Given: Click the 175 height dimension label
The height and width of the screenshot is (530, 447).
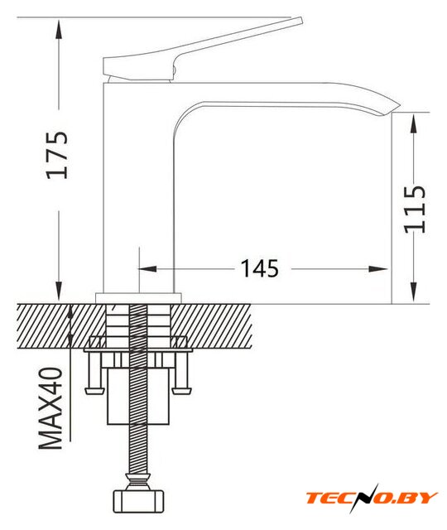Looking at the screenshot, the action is (57, 155).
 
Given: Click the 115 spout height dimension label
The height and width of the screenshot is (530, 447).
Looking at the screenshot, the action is (415, 209).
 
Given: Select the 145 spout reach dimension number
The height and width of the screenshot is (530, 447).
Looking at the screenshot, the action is (259, 268).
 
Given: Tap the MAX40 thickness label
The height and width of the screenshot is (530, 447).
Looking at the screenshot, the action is (51, 408).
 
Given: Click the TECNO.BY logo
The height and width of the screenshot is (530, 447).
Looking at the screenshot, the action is (372, 498).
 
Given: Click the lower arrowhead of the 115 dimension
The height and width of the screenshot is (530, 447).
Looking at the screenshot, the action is (413, 291).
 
